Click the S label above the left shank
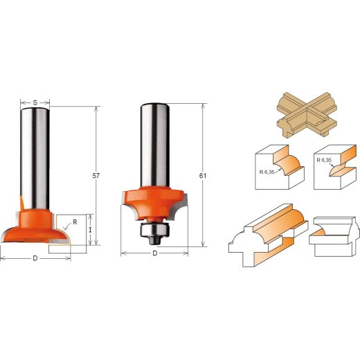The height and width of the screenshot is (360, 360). pyautogui.click(x=35, y=102)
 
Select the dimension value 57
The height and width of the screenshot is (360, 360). pyautogui.click(x=96, y=177)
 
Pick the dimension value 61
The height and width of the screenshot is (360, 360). pyautogui.click(x=201, y=177)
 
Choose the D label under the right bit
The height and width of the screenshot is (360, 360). pyautogui.click(x=155, y=253)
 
